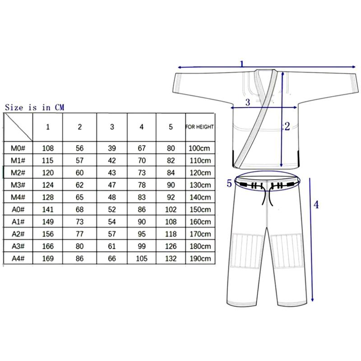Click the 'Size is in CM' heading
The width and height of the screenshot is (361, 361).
click(x=35, y=107)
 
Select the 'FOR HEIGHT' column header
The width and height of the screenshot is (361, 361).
click(x=200, y=127)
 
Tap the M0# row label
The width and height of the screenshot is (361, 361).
click(x=18, y=148)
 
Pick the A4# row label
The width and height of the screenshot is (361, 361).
click(x=18, y=258)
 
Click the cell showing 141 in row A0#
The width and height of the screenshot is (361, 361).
click(x=48, y=209)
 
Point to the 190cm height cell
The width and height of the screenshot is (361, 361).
click(x=200, y=258)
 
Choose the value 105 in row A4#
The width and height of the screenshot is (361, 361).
click(x=142, y=258)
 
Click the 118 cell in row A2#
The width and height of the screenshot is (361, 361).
click(x=171, y=234)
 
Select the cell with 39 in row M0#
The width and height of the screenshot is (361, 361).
click(x=112, y=148)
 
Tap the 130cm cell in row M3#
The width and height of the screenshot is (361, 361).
click(x=200, y=185)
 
